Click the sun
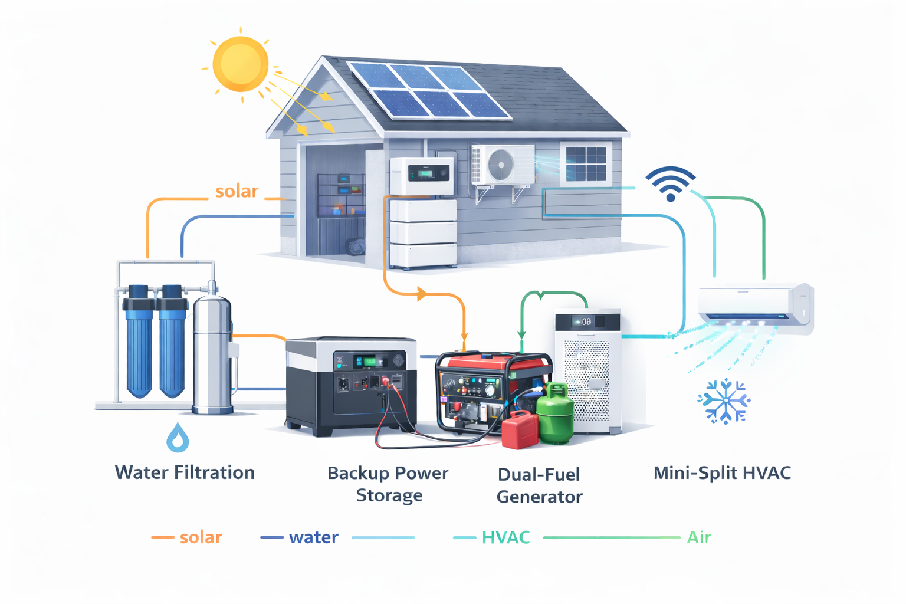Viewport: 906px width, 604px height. click(241, 64)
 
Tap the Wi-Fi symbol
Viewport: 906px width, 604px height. click(671, 185)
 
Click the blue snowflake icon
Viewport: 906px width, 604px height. click(724, 402)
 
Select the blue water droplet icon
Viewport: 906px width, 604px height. click(178, 438)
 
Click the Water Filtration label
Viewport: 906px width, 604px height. click(185, 472)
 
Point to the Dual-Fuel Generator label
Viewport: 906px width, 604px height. click(539, 485)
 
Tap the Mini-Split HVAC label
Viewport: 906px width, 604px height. click(722, 473)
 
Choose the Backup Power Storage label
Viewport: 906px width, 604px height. click(388, 484)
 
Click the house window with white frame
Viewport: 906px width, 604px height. click(586, 164)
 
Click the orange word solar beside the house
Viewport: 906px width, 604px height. click(237, 191)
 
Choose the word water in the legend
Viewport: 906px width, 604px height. click(313, 537)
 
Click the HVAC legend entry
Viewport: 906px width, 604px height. click(505, 537)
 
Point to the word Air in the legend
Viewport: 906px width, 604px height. click(699, 537)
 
